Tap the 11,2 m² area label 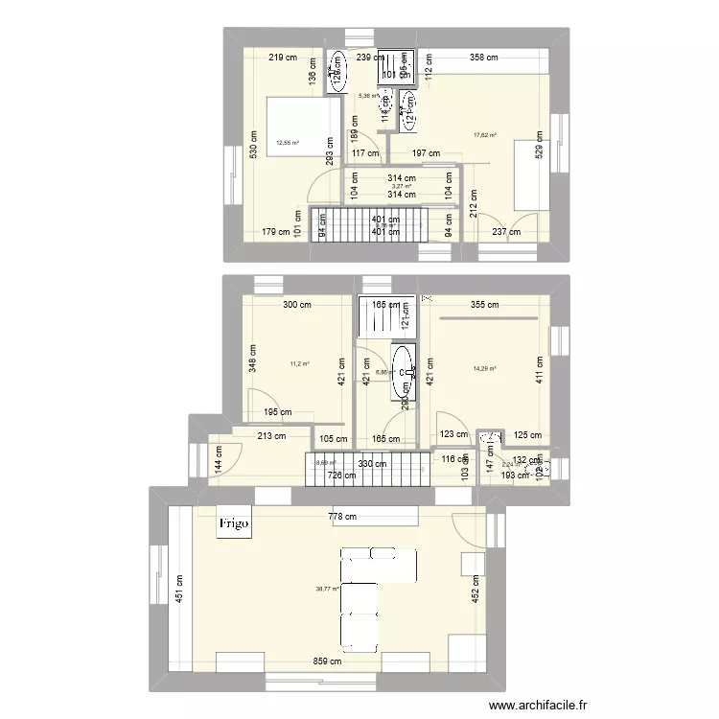click(x=300, y=364)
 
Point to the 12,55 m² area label click(x=288, y=144)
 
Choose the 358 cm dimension click(x=485, y=58)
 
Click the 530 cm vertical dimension click(x=254, y=145)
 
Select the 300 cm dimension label click(x=296, y=306)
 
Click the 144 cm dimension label click(x=220, y=463)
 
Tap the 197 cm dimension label click(x=426, y=153)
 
